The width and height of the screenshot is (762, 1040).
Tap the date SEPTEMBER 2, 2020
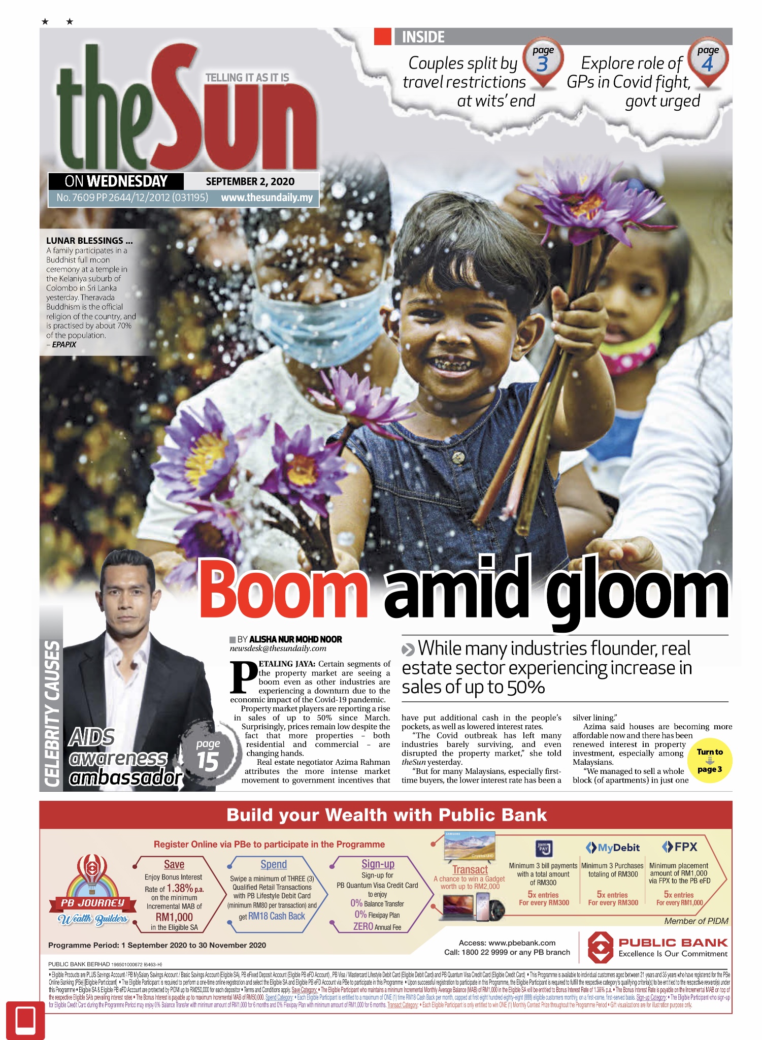click(250, 181)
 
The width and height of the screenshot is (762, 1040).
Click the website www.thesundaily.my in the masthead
click(267, 198)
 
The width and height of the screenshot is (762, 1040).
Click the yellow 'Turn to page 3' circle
click(710, 760)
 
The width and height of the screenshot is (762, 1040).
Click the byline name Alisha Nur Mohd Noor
click(295, 639)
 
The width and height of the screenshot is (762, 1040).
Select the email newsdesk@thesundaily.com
click(278, 648)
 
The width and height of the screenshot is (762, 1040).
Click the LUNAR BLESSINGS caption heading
click(89, 241)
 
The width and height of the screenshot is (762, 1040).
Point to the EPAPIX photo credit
click(64, 344)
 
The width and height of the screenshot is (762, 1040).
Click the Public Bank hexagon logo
click(600, 947)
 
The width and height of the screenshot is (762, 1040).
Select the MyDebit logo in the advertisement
click(613, 848)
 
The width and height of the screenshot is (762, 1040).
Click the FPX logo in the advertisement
click(680, 847)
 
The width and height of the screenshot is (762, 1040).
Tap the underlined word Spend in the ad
click(274, 864)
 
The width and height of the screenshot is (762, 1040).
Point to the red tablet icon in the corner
click(25, 1019)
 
